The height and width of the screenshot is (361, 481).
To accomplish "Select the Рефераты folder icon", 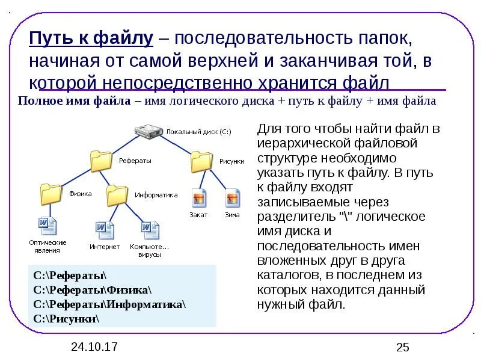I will tap(102, 161).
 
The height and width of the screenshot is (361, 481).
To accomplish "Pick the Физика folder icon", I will tap(51, 194).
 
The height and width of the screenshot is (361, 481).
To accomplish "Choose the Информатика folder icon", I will tap(117, 194).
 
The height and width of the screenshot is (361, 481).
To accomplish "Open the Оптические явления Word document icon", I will tap(47, 226).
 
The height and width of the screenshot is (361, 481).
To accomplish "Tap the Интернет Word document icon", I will tap(104, 229).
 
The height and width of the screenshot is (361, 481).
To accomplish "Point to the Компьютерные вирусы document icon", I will tap(150, 229).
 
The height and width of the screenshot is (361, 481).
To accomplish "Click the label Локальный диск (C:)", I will tap(198, 131).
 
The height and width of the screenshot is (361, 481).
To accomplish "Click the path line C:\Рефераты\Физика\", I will tap(93, 290).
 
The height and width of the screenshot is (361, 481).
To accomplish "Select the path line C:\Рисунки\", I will tap(66, 319).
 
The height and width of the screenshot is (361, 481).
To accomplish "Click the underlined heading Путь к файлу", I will tap(92, 40).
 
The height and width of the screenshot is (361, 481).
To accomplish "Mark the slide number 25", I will tap(402, 347).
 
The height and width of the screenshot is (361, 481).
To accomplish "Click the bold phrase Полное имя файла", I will tap(74, 101).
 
